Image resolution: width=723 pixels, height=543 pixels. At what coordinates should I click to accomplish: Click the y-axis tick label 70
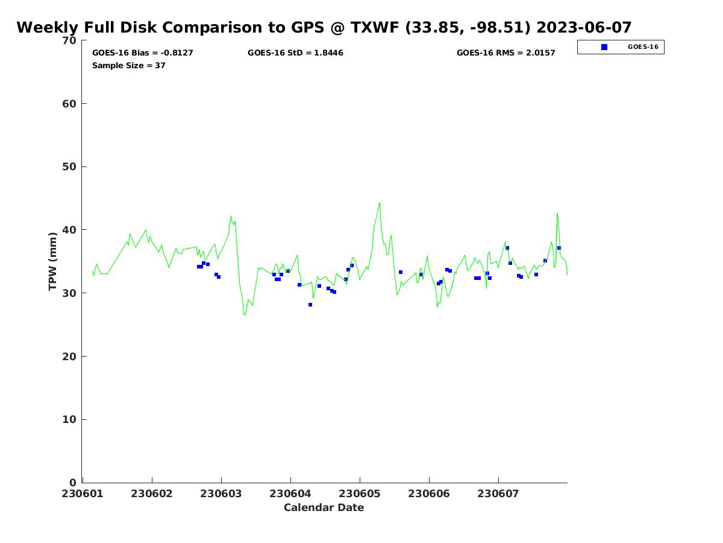click(70, 41)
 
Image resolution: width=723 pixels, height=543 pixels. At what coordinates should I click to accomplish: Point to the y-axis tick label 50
click(70, 167)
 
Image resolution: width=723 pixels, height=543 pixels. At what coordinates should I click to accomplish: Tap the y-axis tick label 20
click(70, 357)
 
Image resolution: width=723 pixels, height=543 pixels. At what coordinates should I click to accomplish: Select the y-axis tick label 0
click(73, 483)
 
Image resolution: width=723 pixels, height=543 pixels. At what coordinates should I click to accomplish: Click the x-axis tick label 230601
click(83, 494)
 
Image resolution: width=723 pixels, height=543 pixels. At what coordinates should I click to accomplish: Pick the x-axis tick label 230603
click(221, 494)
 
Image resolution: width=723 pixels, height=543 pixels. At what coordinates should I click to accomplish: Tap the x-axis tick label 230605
click(360, 494)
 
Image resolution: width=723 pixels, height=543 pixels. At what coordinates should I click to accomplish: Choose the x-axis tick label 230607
click(498, 494)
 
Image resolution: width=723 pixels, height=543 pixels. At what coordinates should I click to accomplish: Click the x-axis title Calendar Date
click(324, 507)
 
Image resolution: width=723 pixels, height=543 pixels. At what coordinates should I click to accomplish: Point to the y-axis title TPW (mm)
click(52, 261)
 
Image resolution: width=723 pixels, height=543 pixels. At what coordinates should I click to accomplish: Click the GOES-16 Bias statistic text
click(143, 53)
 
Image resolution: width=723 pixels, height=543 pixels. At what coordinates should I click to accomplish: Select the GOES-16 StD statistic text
click(295, 53)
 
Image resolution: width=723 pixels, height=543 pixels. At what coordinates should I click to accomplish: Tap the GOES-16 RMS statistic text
click(506, 53)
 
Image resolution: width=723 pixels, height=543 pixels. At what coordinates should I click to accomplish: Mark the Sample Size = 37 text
click(129, 66)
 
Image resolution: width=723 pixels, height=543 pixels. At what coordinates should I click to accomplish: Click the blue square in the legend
click(604, 47)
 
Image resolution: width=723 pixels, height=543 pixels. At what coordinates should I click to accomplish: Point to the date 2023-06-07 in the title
click(584, 28)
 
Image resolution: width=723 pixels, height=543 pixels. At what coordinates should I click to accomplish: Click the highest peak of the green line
click(380, 203)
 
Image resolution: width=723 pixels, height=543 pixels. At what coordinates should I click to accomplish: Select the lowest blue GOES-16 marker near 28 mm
click(310, 305)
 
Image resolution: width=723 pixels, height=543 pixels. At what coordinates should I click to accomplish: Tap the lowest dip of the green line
click(245, 314)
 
